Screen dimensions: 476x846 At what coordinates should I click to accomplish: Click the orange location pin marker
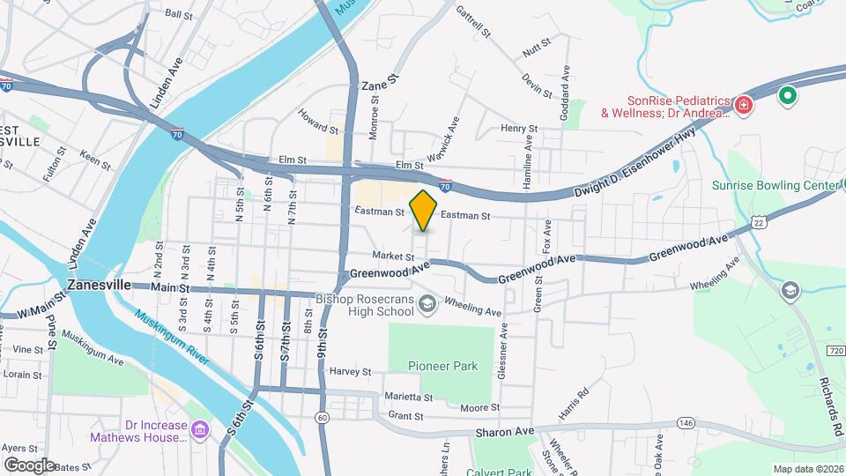423,211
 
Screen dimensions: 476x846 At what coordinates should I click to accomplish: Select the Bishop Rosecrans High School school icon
427,305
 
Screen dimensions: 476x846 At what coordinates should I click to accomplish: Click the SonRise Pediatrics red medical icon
745,106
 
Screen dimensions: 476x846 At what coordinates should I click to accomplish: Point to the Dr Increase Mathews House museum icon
200,430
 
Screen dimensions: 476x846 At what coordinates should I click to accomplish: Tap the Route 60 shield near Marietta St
323,416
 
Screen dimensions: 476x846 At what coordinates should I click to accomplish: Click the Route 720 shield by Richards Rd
835,352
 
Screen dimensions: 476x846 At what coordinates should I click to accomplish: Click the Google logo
29,465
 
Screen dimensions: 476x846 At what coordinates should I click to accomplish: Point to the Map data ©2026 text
807,469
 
